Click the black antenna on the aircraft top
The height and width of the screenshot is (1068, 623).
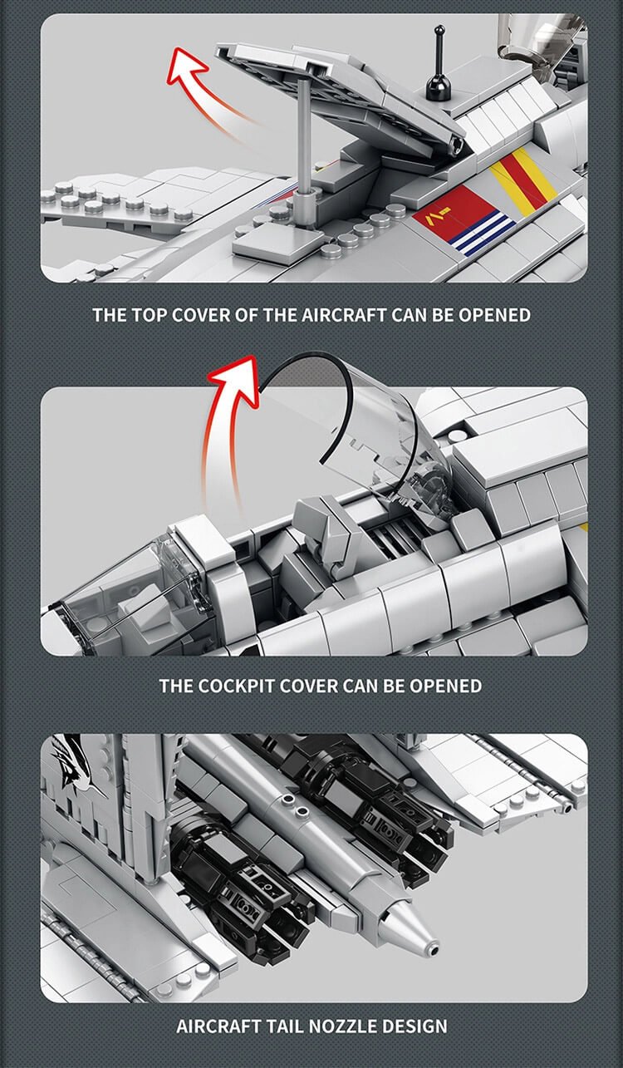coord(438,71)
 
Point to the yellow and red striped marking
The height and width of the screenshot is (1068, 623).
coord(523,183)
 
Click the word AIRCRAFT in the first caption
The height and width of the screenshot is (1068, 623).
coord(341,315)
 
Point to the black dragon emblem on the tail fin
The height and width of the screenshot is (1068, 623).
coord(79,763)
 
